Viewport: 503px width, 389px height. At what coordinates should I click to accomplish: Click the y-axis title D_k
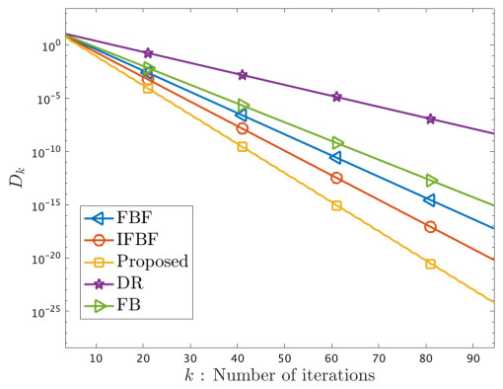pos(18,178)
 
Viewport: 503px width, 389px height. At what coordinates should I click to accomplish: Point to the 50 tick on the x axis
pos(284,356)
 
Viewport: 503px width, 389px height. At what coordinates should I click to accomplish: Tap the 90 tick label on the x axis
pos(472,356)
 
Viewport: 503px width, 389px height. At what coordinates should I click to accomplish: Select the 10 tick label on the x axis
pos(96,356)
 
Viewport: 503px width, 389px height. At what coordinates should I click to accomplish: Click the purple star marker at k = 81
pos(431,119)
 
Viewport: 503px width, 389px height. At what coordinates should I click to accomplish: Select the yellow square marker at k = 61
pos(336,205)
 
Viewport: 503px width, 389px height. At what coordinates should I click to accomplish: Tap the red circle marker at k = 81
pos(431,227)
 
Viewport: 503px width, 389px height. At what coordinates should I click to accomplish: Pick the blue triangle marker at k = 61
pos(335,158)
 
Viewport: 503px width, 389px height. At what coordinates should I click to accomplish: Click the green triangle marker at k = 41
pos(243,106)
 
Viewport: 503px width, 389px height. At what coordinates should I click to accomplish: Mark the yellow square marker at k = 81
pos(431,264)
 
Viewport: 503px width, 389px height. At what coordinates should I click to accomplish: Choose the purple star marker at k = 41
pos(243,75)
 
